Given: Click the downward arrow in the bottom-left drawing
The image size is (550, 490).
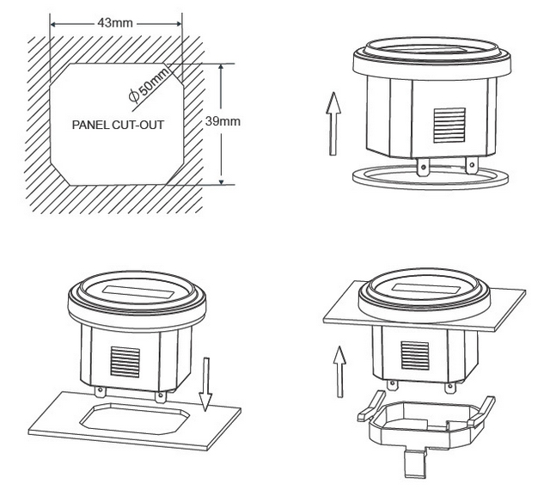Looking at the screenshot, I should pyautogui.click(x=205, y=385).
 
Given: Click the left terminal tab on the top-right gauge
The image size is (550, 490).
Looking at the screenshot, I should pyautogui.click(x=422, y=166).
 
